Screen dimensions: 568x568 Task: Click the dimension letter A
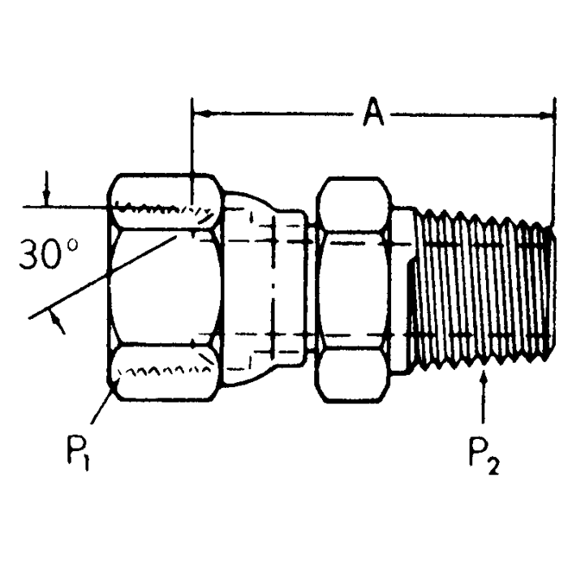click(x=372, y=113)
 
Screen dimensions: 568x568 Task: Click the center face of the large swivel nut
click(x=166, y=287)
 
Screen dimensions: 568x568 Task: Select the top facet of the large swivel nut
click(x=166, y=204)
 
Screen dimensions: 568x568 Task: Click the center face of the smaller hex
click(x=355, y=289)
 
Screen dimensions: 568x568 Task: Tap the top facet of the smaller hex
click(x=355, y=204)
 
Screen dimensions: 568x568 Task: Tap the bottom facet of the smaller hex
click(x=355, y=374)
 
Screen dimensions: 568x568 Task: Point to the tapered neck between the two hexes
click(x=268, y=288)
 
